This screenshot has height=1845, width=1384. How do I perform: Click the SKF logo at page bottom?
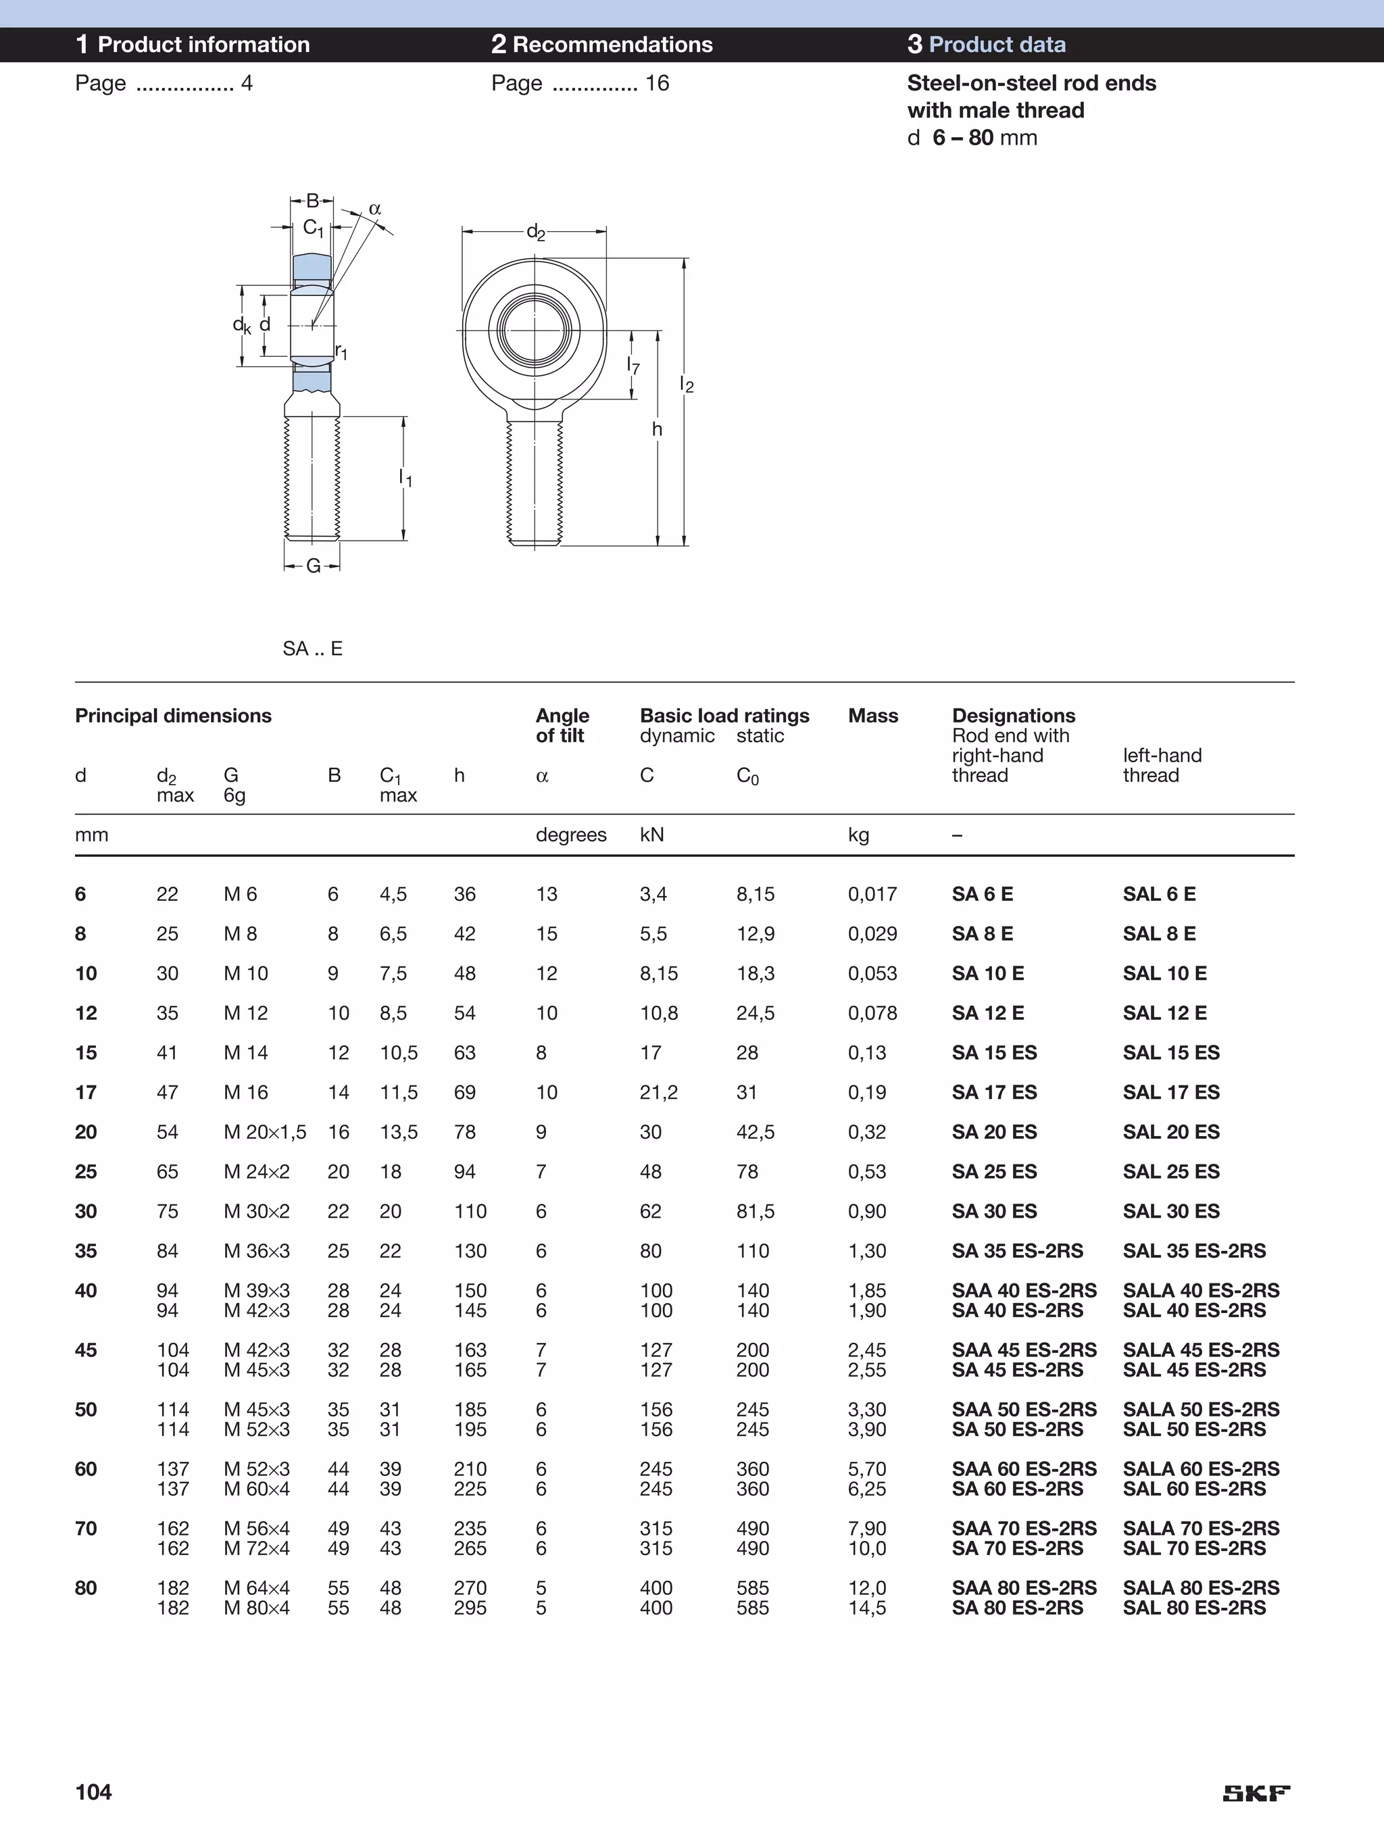tap(1256, 1793)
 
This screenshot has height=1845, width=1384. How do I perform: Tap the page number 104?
tap(93, 1792)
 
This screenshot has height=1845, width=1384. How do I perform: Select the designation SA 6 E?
tap(982, 894)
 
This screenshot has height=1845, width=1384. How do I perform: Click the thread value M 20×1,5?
tap(264, 1132)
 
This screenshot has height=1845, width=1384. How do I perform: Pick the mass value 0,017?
tap(872, 894)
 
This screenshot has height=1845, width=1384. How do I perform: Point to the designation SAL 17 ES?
tap(1170, 1093)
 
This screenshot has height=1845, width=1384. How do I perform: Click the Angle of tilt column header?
tap(562, 726)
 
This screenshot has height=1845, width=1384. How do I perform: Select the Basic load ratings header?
tap(724, 716)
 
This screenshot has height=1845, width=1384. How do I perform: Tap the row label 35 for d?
tap(86, 1251)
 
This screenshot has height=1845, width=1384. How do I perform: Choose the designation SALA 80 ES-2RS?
tap(1200, 1588)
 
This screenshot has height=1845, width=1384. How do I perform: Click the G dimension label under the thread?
tap(313, 566)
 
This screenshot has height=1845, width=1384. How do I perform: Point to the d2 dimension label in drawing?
tap(536, 232)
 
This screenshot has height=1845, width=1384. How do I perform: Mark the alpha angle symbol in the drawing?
tap(374, 209)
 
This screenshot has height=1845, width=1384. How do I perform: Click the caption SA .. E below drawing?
tap(313, 649)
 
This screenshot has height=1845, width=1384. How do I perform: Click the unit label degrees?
tap(570, 835)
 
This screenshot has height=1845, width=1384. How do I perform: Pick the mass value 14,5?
tap(867, 1608)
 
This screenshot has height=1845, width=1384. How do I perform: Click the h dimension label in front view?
tap(657, 428)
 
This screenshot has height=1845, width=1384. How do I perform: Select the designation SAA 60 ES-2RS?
tap(1024, 1469)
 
